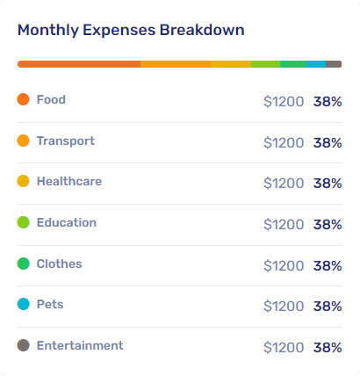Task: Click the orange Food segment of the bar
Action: coord(79,64)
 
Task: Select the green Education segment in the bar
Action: coord(265,64)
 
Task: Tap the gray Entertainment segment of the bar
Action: coord(334,64)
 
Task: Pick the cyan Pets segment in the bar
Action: coord(316,64)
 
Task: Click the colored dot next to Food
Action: coord(23,99)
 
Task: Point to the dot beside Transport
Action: coord(23,141)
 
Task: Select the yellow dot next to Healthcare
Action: coord(23,181)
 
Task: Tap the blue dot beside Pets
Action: coord(23,304)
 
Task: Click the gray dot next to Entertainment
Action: coord(23,345)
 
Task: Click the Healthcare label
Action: coord(69,181)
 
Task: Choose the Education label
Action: coord(67,222)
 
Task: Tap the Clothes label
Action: coord(59,264)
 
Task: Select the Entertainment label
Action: coord(80,345)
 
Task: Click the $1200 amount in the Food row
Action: coord(284,102)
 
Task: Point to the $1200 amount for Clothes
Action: coord(284,266)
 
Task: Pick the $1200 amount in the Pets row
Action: coord(284,307)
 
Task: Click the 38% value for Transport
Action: coord(328,143)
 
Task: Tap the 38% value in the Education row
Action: coord(328,225)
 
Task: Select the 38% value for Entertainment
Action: coord(328,348)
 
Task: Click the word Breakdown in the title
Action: coord(202,30)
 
